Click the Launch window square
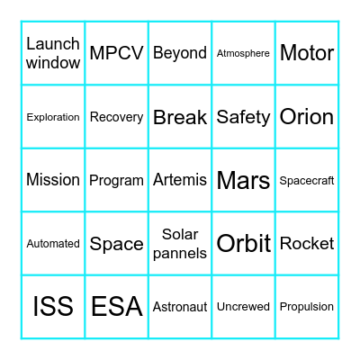[x=53, y=53]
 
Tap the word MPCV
[x=116, y=53]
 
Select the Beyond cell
[x=180, y=53]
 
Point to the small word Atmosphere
[x=243, y=53]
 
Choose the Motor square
[x=307, y=53]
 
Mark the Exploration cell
[x=53, y=117]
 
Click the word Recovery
[x=116, y=117]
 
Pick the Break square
[x=180, y=117]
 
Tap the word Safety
[x=243, y=117]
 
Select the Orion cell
[x=307, y=117]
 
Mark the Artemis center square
[x=180, y=180]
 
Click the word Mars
[x=243, y=180]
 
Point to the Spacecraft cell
[x=307, y=180]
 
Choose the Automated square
[x=53, y=243]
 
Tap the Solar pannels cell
[x=180, y=243]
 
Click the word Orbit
[x=243, y=243]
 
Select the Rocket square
[x=307, y=243]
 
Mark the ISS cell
[x=53, y=306]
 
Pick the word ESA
[x=116, y=306]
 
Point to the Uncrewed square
[x=243, y=306]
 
